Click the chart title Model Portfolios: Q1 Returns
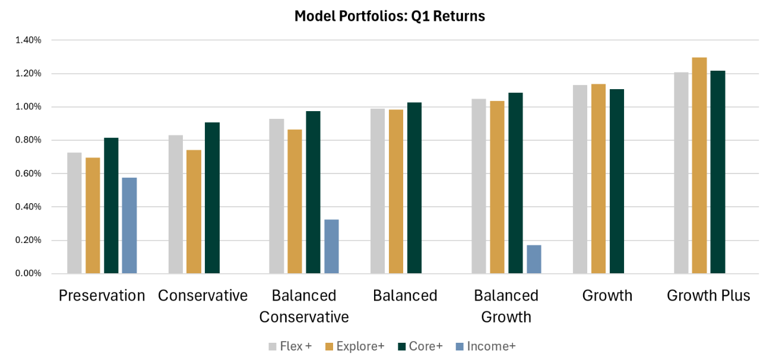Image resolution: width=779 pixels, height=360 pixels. click(x=389, y=16)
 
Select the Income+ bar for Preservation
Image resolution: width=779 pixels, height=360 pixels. click(x=129, y=226)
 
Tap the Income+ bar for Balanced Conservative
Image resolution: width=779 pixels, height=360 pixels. click(x=331, y=247)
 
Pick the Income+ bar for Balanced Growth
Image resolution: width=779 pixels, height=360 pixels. click(x=534, y=259)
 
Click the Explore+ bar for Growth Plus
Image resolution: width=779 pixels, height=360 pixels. click(x=699, y=166)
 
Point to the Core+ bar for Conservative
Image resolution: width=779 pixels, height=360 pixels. click(x=212, y=198)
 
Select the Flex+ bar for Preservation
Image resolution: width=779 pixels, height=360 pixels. click(x=74, y=213)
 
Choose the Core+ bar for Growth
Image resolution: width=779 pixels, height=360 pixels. click(x=617, y=181)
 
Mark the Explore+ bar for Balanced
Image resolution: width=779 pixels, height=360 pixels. click(x=395, y=191)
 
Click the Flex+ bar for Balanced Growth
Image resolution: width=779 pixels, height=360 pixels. click(x=479, y=186)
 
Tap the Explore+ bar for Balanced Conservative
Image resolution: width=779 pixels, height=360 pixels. click(x=294, y=201)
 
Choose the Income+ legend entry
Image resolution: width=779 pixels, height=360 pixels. click(x=484, y=346)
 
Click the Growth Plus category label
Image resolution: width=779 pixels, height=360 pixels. click(x=708, y=295)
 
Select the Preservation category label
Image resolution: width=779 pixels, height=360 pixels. click(x=102, y=295)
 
